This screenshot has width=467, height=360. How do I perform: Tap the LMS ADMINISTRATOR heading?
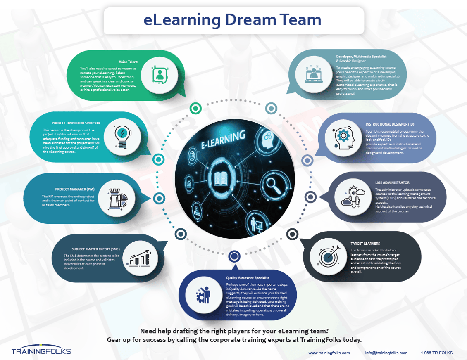click(x=392, y=182)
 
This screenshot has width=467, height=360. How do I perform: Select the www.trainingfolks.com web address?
click(x=329, y=353)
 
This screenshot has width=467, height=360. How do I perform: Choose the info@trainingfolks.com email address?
click(x=386, y=353)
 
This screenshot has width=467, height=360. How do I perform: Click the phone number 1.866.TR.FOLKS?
click(x=436, y=353)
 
